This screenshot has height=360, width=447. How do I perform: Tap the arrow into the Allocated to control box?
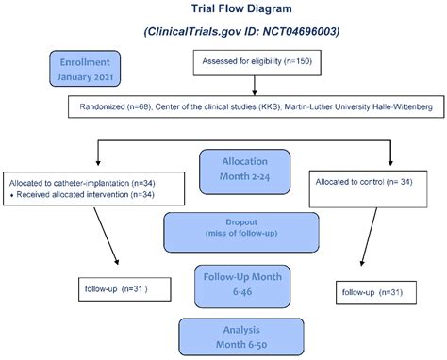(389, 153)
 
